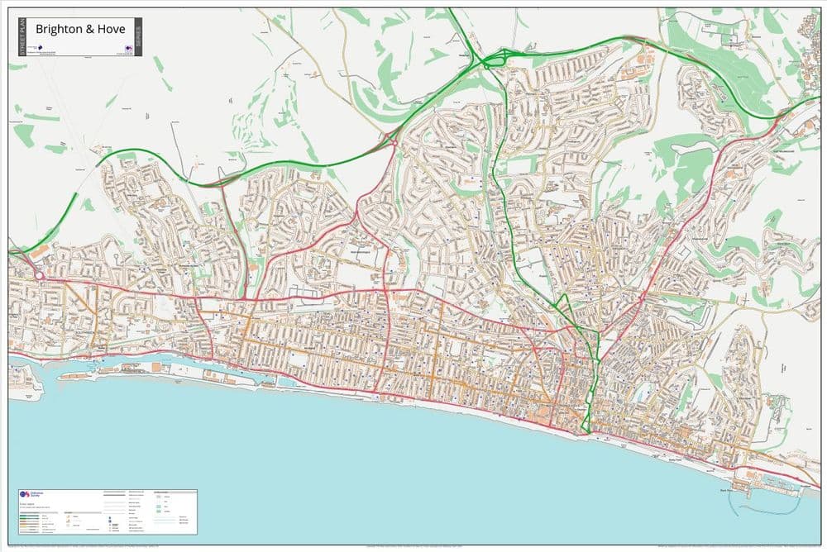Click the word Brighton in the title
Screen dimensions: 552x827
click(x=60, y=28)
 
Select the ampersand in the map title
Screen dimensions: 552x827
click(x=85, y=28)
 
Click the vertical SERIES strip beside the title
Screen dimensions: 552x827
click(x=138, y=37)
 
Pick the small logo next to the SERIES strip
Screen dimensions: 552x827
click(x=129, y=50)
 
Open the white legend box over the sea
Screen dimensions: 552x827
click(x=108, y=512)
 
